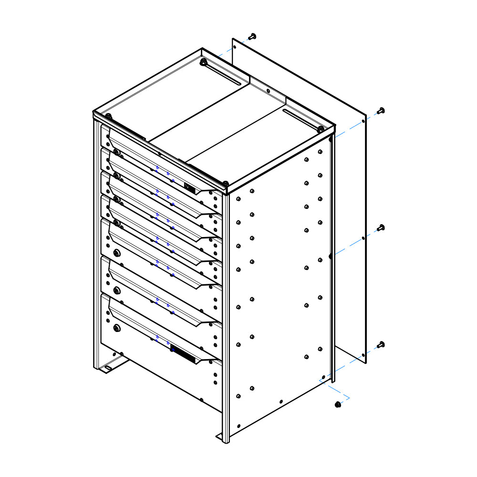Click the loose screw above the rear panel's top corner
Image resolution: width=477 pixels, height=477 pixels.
(253, 36)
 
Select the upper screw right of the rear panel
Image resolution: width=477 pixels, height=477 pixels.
(381, 111)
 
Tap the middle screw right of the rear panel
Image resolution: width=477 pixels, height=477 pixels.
(381, 228)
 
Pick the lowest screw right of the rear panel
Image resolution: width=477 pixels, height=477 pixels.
(381, 345)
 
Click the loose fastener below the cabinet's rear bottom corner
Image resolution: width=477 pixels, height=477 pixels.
(338, 404)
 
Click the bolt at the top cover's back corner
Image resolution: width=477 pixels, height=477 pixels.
(203, 62)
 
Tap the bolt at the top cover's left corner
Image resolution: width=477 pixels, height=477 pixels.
(108, 116)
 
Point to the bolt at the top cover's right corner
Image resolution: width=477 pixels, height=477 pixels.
(321, 129)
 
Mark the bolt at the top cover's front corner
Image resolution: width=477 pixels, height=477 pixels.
(225, 183)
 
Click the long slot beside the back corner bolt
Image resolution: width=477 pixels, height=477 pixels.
(224, 73)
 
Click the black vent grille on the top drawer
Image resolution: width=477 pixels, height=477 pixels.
(190, 188)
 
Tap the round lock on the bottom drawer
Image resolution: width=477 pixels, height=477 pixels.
(117, 328)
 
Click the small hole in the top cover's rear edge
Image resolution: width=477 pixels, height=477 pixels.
(268, 90)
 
